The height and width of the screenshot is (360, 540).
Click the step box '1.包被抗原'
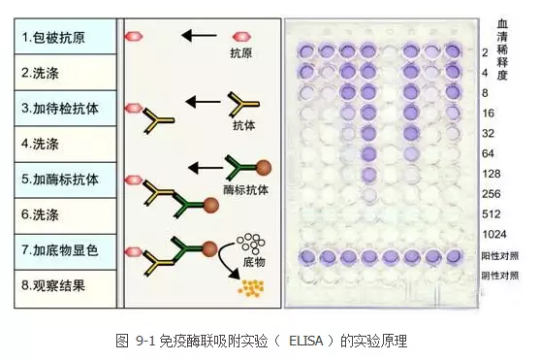tap(65, 37)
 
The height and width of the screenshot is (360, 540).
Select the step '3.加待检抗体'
tap(65, 109)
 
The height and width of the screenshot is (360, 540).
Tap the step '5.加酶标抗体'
tap(65, 180)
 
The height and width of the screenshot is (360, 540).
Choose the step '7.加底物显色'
tap(65, 250)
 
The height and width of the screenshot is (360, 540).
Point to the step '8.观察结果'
tap(65, 288)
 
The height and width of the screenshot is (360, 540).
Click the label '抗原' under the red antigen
tap(241, 52)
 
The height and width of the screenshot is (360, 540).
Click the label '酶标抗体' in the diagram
tap(245, 189)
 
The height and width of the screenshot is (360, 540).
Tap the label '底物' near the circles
tap(254, 262)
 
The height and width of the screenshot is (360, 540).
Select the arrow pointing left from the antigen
tap(199, 35)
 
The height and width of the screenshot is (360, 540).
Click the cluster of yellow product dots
tap(251, 288)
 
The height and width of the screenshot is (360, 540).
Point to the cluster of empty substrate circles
tap(251, 242)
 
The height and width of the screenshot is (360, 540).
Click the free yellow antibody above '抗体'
tap(242, 104)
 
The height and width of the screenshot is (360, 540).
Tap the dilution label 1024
tap(494, 235)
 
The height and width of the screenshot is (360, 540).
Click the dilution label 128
tap(492, 174)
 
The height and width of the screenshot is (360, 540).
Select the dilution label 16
tap(488, 114)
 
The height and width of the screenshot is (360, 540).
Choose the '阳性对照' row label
tap(499, 256)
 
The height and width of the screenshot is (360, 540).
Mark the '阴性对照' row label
tap(499, 276)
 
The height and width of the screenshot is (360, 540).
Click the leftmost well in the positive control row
tap(306, 257)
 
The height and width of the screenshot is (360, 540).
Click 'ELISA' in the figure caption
tap(305, 341)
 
